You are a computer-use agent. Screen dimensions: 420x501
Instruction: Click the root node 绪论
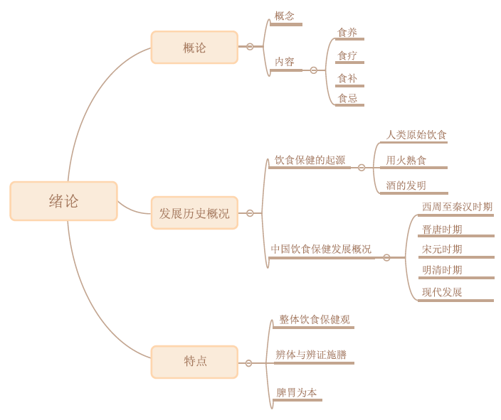(63, 201)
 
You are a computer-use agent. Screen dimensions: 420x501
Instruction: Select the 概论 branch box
(194, 48)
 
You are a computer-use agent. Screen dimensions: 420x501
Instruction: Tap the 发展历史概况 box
(194, 213)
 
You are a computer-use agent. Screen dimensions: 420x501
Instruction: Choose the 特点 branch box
(194, 361)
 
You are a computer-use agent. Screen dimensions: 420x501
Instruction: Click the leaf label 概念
(285, 16)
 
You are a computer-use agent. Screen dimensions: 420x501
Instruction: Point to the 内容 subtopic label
(285, 62)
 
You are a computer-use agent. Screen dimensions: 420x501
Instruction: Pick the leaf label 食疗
(347, 55)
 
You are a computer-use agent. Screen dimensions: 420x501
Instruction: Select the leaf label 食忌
(347, 98)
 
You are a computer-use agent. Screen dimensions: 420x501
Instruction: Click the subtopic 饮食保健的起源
(310, 160)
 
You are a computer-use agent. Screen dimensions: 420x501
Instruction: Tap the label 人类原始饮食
(416, 134)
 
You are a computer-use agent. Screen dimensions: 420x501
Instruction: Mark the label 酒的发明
(406, 185)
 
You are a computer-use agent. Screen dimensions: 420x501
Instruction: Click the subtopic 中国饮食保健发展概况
(321, 249)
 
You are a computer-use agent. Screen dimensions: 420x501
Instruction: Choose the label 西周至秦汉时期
(457, 207)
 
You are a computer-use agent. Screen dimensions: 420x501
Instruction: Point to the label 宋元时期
(442, 249)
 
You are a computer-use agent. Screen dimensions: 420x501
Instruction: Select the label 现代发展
(442, 292)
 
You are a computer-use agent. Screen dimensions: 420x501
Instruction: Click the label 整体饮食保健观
(315, 320)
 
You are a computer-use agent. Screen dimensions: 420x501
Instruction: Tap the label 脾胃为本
(297, 392)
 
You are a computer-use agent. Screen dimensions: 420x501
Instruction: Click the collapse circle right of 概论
(250, 47)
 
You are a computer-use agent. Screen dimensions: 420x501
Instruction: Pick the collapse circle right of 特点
(248, 363)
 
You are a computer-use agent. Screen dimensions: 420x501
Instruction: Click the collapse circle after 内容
(314, 70)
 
